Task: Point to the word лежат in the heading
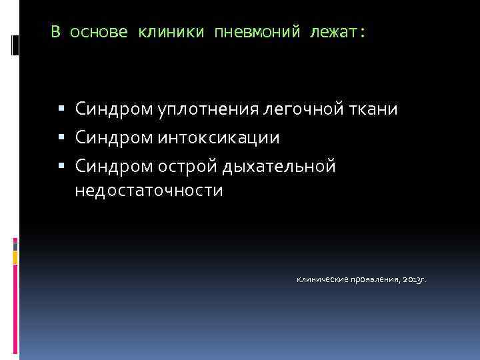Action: (337, 33)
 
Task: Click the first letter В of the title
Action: (56, 33)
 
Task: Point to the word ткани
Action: (374, 109)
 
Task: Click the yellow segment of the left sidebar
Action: (15, 257)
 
